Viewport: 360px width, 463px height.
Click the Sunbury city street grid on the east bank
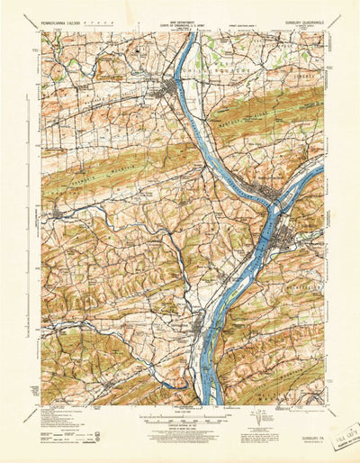pos(286,237)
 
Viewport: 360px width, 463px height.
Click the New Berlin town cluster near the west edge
pos(56,213)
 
